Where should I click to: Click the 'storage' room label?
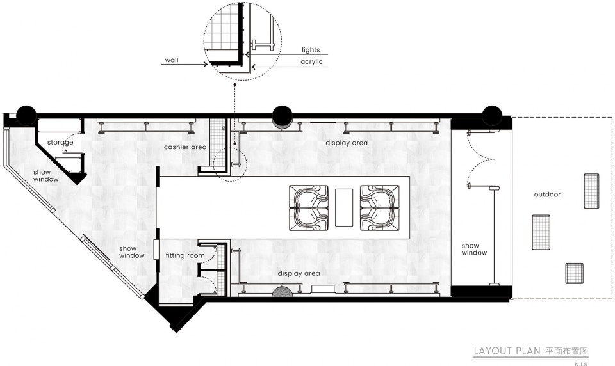coord(60,142)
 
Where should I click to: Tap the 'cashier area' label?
coord(185,147)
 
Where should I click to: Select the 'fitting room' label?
coord(185,255)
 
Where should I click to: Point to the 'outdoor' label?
coord(547,194)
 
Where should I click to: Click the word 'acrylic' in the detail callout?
coord(311,61)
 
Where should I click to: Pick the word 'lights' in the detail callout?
coord(311,50)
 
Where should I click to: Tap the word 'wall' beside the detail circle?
coord(172,60)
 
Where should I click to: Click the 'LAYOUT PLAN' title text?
coord(507,351)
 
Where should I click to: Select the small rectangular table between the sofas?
coord(344,207)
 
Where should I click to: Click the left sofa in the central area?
coord(309,208)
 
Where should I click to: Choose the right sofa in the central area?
coord(381,208)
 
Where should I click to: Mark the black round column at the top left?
coord(26,116)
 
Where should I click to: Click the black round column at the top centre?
coord(282,116)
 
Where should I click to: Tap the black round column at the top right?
coord(492,116)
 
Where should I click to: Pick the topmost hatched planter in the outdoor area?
coord(591,191)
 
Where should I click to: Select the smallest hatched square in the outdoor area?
coord(574,273)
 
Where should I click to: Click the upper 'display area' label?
coord(347,143)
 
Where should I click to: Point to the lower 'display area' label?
coord(299,273)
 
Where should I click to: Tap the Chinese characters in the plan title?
coord(567,351)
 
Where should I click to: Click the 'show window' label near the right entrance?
coord(474,249)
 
